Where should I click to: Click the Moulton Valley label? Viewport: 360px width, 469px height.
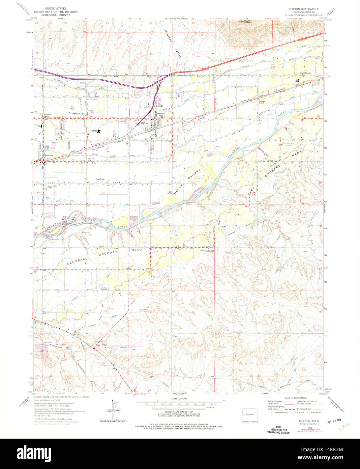[x=172, y=44]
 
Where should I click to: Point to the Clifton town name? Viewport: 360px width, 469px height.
[x=145, y=123]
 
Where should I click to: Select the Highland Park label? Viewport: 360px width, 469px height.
[x=78, y=114]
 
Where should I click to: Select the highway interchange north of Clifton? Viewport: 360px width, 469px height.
[x=164, y=79]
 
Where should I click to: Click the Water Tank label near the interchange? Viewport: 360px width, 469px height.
[x=152, y=77]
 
